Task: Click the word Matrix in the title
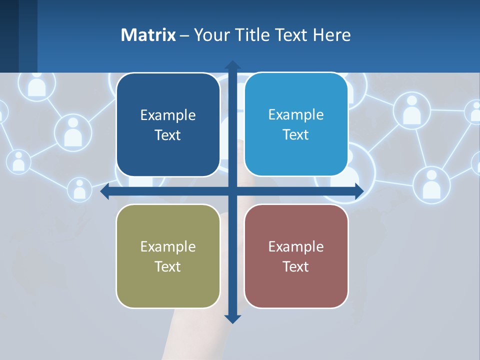148,35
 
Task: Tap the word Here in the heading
331,35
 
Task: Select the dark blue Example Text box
168,125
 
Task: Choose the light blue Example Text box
296,124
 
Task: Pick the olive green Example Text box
168,256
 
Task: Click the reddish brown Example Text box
296,256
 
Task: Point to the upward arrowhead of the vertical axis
232,64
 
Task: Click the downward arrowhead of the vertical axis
232,319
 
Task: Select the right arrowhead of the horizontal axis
359,191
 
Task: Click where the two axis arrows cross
232,191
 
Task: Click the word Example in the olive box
168,246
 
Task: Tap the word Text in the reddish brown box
296,266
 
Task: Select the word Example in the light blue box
296,114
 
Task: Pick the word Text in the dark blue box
168,135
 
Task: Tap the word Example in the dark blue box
168,115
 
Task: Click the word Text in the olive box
168,266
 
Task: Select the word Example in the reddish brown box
296,246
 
